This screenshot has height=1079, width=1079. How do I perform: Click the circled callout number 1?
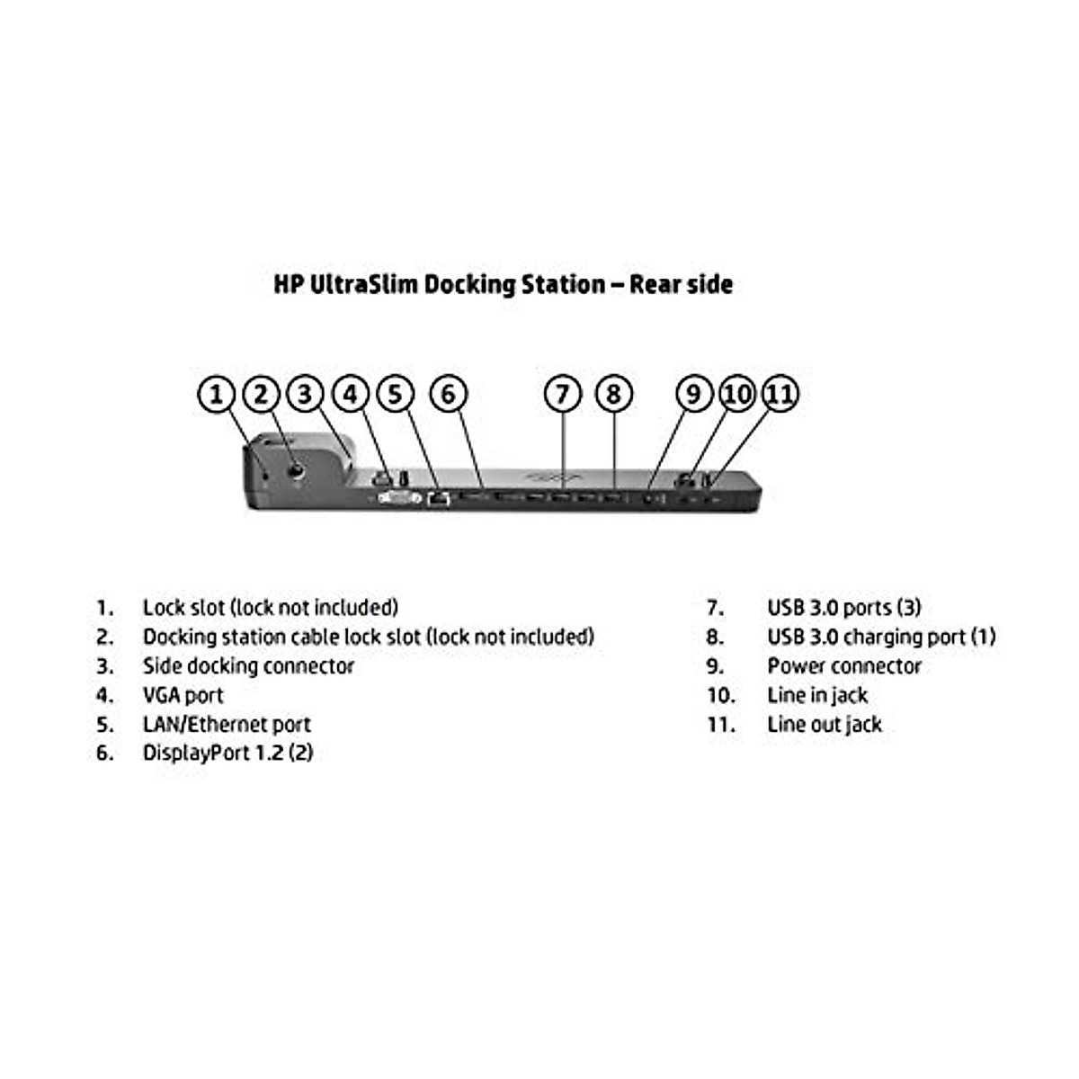click(x=217, y=394)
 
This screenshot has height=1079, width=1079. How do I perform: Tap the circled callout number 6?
click(x=449, y=394)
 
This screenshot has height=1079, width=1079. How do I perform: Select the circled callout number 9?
click(x=693, y=394)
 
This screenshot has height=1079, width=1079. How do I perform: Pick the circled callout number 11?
click(x=780, y=394)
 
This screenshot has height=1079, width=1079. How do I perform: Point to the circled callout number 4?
click(x=351, y=394)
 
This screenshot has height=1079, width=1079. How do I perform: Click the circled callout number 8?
click(x=613, y=394)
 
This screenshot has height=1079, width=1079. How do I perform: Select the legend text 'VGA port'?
click(x=183, y=695)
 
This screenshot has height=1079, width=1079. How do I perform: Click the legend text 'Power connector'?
click(x=844, y=666)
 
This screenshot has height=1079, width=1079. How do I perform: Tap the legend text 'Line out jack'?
click(x=825, y=725)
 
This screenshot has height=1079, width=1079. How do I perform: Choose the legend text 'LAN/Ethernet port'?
click(x=227, y=725)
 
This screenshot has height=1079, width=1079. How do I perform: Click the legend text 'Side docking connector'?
click(x=248, y=666)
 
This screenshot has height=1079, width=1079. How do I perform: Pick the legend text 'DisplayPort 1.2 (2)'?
click(x=227, y=754)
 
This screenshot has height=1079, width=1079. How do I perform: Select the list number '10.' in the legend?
click(x=721, y=696)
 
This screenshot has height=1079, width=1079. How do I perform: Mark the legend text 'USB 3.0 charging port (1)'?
click(x=881, y=638)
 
